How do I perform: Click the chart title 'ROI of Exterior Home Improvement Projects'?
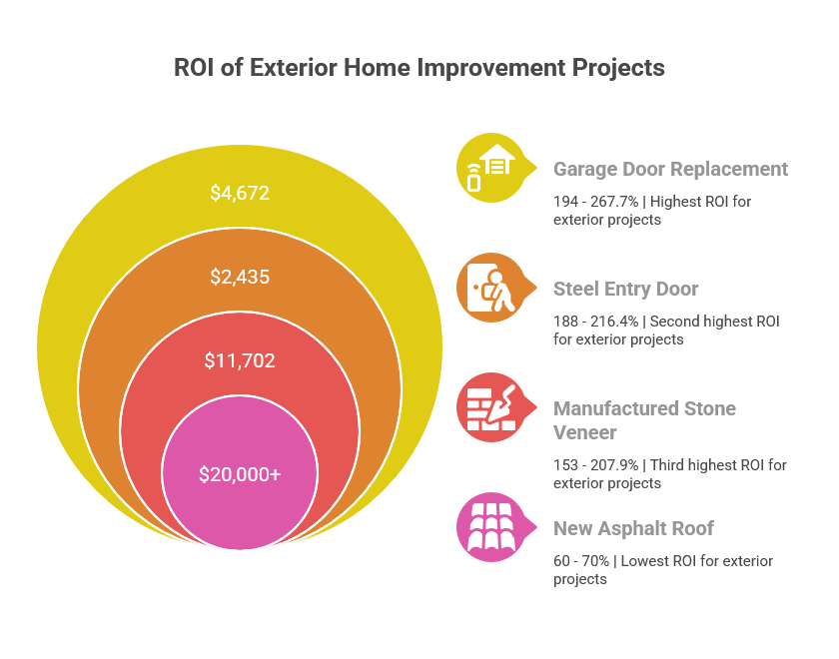[x=419, y=68]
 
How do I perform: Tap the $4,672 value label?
[x=240, y=193]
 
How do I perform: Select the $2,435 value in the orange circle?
[x=240, y=277]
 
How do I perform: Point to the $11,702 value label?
[x=240, y=360]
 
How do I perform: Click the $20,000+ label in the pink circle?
[x=240, y=474]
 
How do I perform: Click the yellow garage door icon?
[x=489, y=168]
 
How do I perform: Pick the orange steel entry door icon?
[x=489, y=288]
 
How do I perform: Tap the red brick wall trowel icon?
[x=489, y=407]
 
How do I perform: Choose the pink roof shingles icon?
[x=489, y=527]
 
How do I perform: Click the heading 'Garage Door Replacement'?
[x=670, y=169]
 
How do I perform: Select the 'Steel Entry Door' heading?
[x=625, y=289]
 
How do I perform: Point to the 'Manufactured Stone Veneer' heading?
[x=644, y=420]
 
